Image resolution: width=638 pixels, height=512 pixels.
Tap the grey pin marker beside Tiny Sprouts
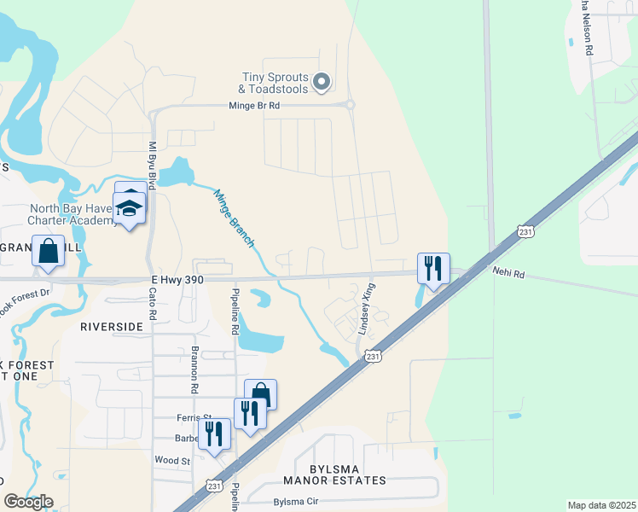(322, 82)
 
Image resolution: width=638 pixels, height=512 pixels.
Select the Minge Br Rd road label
(254, 106)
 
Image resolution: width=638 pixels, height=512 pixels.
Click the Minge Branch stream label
(234, 218)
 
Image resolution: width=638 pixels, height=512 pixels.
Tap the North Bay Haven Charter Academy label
(72, 214)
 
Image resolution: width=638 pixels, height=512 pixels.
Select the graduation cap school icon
(129, 208)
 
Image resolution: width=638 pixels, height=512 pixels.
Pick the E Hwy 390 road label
(178, 279)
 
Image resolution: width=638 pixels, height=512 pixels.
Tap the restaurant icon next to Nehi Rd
(433, 268)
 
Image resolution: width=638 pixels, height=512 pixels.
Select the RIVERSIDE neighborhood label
(112, 327)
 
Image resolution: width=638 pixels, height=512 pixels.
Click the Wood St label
(171, 461)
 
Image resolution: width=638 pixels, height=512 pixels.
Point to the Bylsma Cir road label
(294, 502)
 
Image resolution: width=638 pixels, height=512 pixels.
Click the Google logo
(27, 502)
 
